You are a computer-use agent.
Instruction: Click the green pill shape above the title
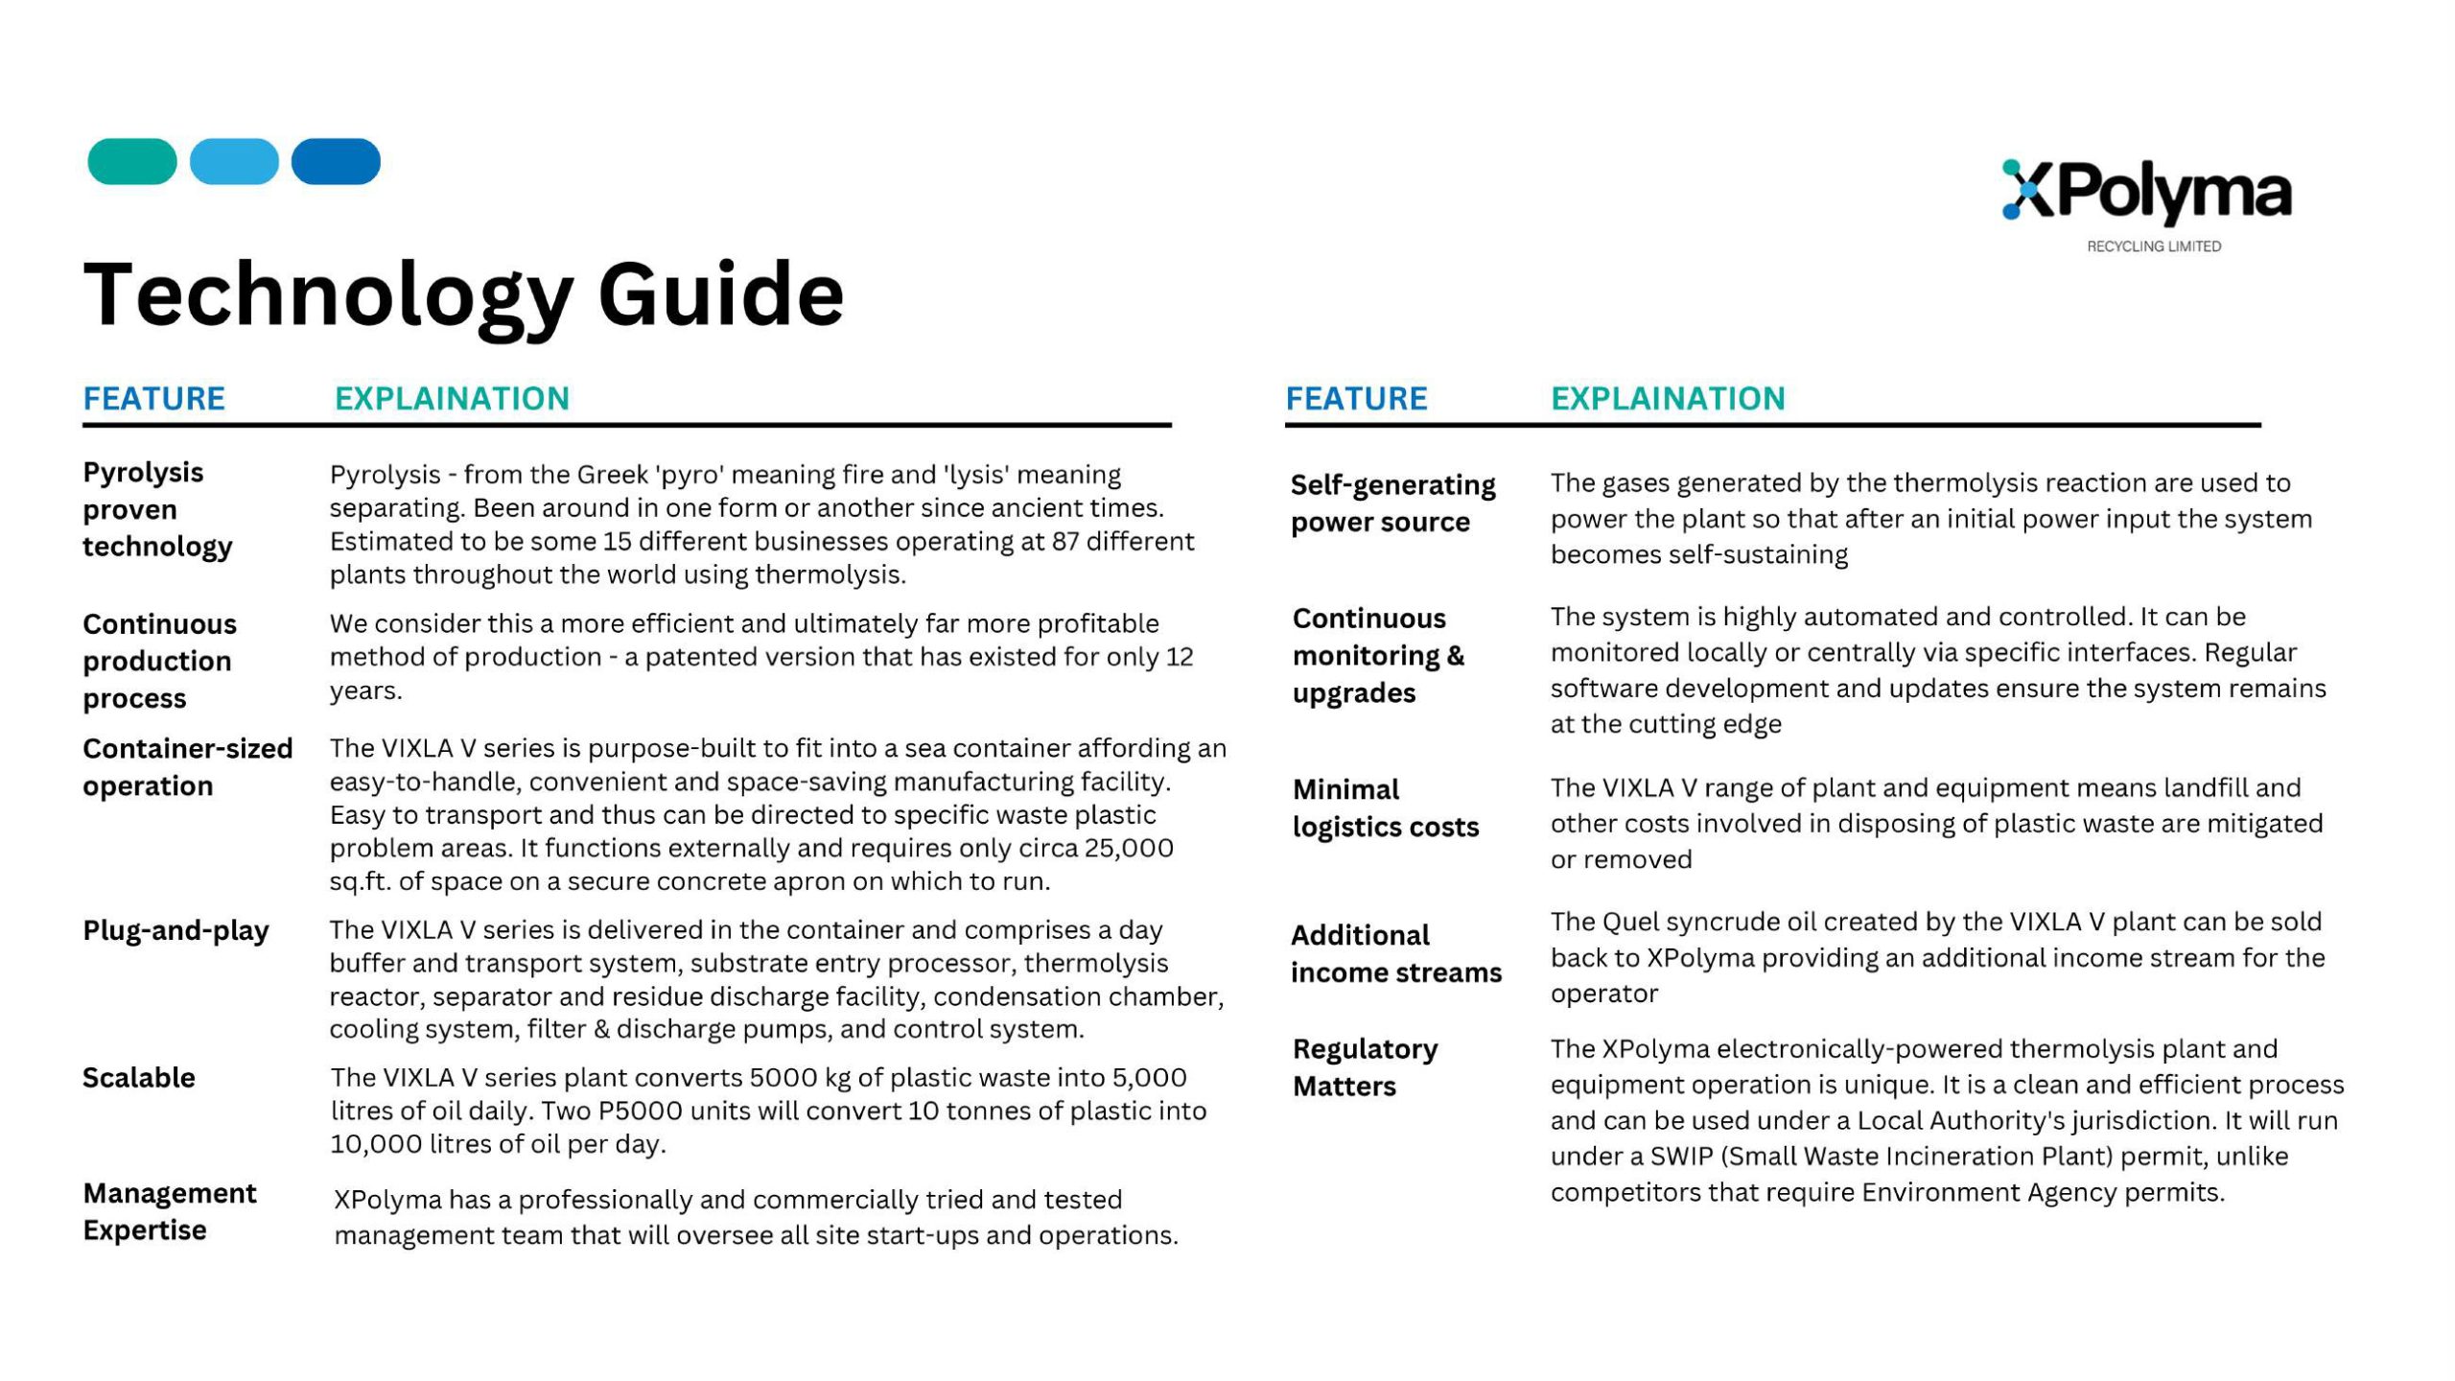click(x=132, y=161)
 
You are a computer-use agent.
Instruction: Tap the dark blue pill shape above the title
click(x=336, y=161)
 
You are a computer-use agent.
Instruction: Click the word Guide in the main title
click(x=720, y=294)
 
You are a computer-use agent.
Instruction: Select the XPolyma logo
click(x=2146, y=192)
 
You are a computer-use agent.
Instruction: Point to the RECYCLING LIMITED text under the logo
click(x=2154, y=246)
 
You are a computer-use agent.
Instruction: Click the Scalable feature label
click(x=139, y=1078)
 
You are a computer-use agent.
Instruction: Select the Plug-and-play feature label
click(x=175, y=930)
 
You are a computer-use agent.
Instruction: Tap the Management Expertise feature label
click(x=169, y=1211)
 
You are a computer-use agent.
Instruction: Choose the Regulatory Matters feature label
click(x=1365, y=1067)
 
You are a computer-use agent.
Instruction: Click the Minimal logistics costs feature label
click(x=1385, y=808)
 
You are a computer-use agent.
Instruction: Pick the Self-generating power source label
click(x=1392, y=503)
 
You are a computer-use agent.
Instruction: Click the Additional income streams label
click(x=1395, y=953)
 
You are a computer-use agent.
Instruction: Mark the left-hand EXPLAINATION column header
click(x=452, y=398)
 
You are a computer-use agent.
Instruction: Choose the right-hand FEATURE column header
click(x=1356, y=398)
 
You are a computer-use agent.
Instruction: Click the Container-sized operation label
click(x=187, y=767)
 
